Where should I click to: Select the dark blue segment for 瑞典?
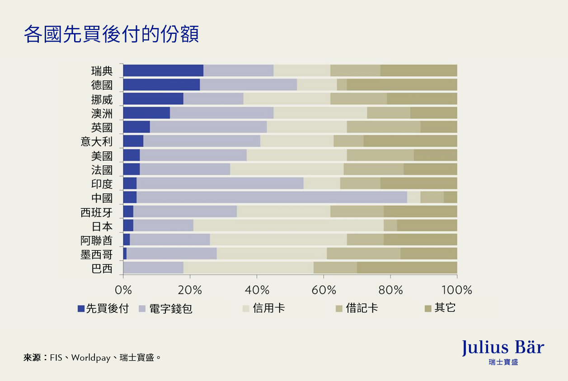coord(163,71)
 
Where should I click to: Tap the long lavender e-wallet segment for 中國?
coord(272,198)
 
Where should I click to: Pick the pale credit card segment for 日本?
coord(288,226)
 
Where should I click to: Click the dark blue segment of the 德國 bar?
coord(161,85)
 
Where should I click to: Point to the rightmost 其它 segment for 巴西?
coord(407,268)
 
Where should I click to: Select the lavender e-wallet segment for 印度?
coord(220,183)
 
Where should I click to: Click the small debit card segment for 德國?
coord(342,85)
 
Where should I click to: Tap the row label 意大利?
coord(96,141)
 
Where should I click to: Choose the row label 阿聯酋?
coord(96,240)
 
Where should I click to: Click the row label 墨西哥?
coord(96,254)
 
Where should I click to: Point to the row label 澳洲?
coord(102,113)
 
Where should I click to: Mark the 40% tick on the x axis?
coord(257,290)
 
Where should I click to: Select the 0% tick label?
coord(123,290)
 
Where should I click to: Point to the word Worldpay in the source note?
coord(91,358)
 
